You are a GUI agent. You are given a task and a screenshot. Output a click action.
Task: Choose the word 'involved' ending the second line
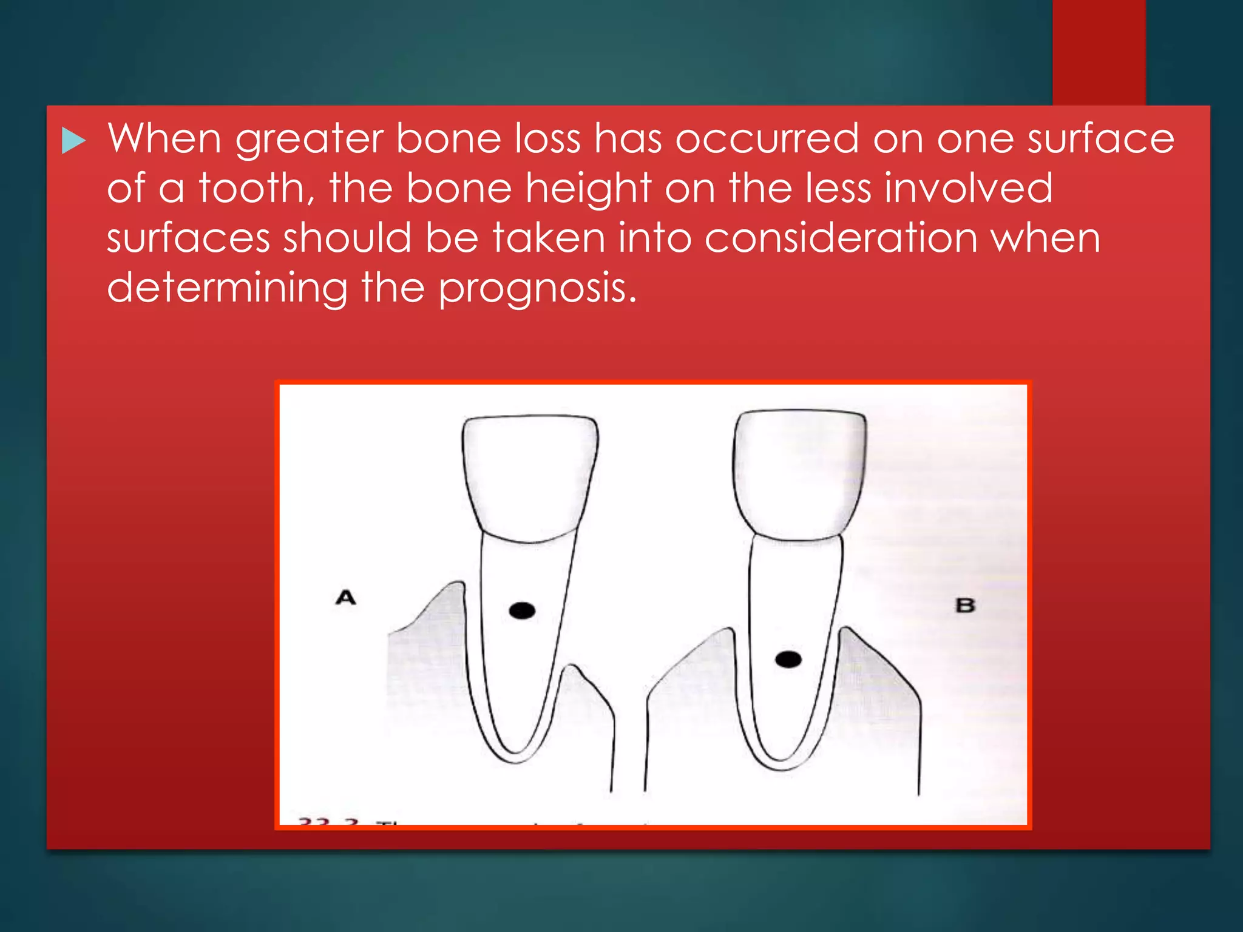click(969, 188)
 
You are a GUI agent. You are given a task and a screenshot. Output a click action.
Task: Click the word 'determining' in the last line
click(227, 288)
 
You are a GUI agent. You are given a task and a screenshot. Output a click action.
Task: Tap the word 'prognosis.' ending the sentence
click(538, 289)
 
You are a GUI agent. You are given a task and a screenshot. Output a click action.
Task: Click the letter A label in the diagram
click(345, 598)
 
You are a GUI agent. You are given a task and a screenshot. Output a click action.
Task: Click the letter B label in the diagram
click(965, 606)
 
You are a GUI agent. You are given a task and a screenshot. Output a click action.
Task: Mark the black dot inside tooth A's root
click(522, 610)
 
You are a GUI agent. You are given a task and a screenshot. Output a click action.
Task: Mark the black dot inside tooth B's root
click(788, 660)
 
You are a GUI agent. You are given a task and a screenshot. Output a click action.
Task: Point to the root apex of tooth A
click(516, 758)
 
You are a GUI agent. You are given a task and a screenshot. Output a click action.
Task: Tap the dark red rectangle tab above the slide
click(1099, 52)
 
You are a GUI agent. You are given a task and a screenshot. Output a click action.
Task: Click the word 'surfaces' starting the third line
click(188, 238)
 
